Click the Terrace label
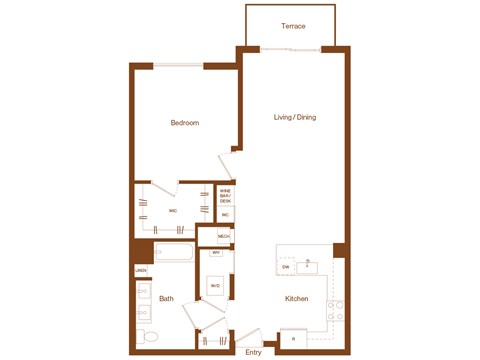[293, 26]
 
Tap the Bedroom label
[184, 123]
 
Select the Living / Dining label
[295, 118]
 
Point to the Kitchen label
[296, 299]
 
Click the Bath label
[166, 298]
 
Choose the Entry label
[252, 352]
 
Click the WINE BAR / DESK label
[225, 195]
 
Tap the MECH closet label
[224, 236]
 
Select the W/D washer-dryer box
[215, 287]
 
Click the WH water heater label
[215, 253]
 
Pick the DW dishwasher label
[285, 268]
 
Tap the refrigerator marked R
[293, 340]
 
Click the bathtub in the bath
[174, 254]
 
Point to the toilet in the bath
[145, 335]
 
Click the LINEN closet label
[141, 271]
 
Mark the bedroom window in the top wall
[178, 66]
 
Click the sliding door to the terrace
[292, 49]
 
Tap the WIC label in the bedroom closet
[172, 211]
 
